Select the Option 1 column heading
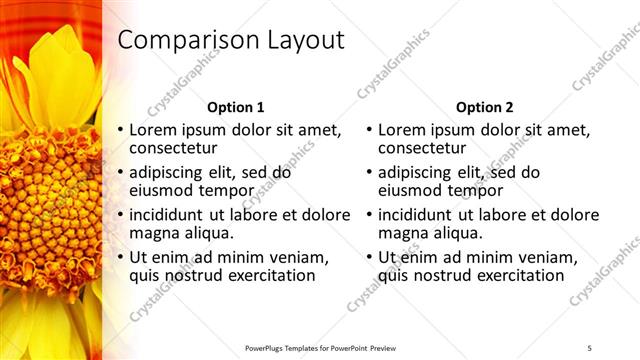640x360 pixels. pos(235,107)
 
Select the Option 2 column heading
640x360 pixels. pos(484,107)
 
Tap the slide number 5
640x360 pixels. pos(590,347)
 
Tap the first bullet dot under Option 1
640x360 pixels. pos(121,130)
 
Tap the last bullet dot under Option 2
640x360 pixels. pos(369,257)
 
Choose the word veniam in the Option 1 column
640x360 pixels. pos(312,256)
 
